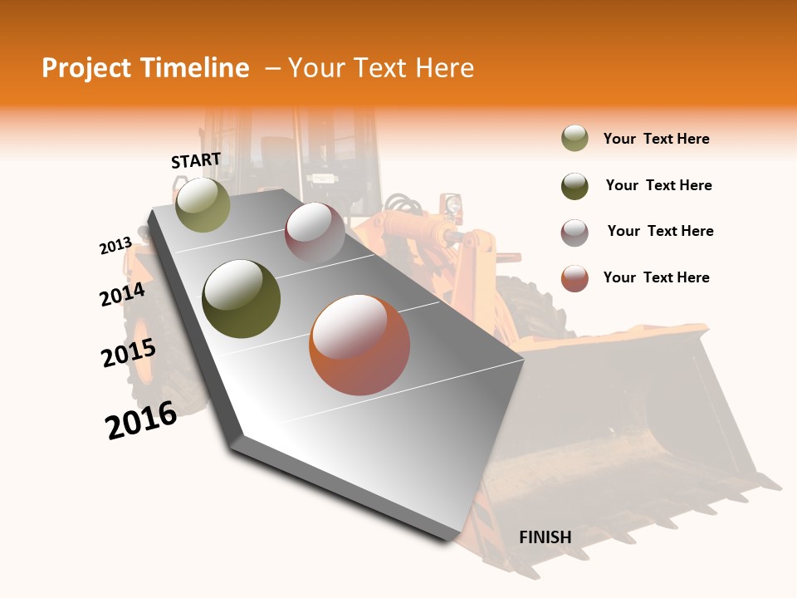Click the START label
[x=196, y=159]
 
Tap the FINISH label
[x=545, y=537]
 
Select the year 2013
[x=115, y=245]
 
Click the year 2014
[x=122, y=295]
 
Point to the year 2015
[x=129, y=353]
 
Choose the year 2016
[x=141, y=420]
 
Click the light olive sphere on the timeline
[x=203, y=204]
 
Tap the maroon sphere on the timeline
[x=315, y=233]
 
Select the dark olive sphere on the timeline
[x=242, y=299]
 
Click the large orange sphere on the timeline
[x=359, y=345]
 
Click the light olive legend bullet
[x=575, y=139]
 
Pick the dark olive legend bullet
[x=575, y=185]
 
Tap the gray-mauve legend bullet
[x=575, y=232]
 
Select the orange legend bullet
[x=575, y=278]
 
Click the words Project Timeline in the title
[x=145, y=68]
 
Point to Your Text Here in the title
[x=381, y=68]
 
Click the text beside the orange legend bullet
[x=656, y=277]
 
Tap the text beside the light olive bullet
[x=656, y=139]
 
